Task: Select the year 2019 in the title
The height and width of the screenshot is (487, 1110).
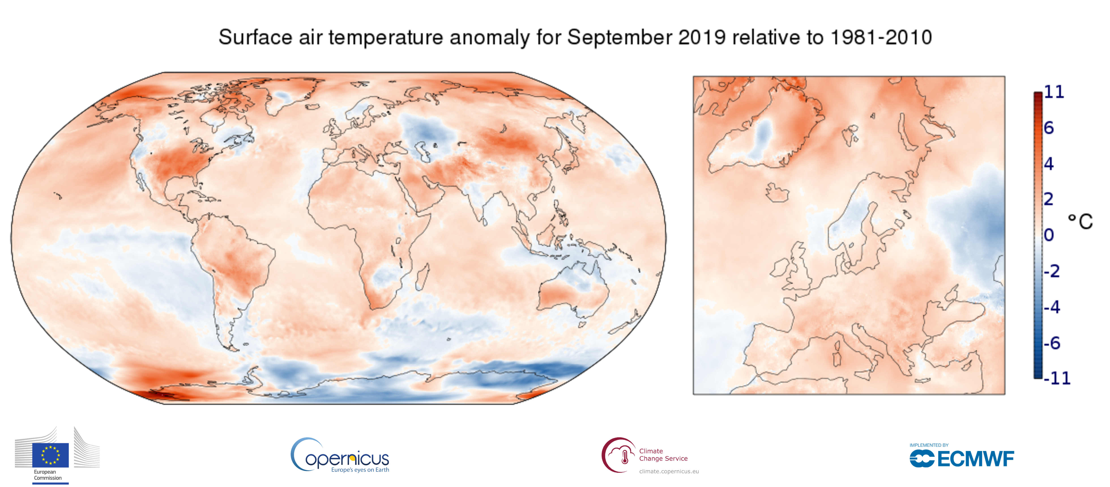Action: (x=702, y=38)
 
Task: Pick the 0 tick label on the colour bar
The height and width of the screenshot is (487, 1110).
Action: (x=1049, y=235)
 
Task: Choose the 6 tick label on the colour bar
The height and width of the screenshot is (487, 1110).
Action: (x=1049, y=128)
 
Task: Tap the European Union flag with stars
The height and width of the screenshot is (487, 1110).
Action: (x=50, y=455)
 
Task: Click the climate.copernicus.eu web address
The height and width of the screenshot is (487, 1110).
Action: (x=669, y=472)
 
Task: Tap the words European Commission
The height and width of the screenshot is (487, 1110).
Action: (x=48, y=475)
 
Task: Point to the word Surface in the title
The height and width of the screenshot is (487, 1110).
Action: (x=255, y=38)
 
